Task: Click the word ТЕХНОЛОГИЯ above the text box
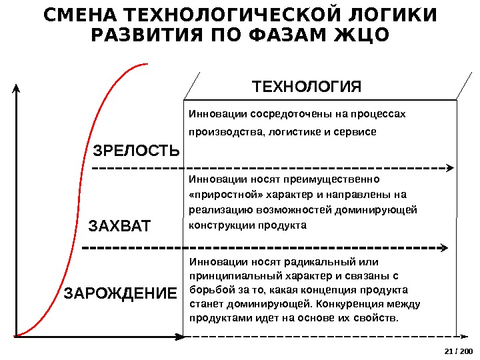click(306, 87)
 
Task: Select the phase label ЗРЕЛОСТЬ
click(136, 151)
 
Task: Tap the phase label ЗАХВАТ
click(120, 227)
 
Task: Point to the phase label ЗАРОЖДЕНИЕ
click(121, 293)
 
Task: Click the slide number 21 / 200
click(457, 352)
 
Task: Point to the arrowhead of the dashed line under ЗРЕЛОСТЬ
click(451, 168)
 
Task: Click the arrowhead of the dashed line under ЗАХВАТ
click(444, 248)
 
